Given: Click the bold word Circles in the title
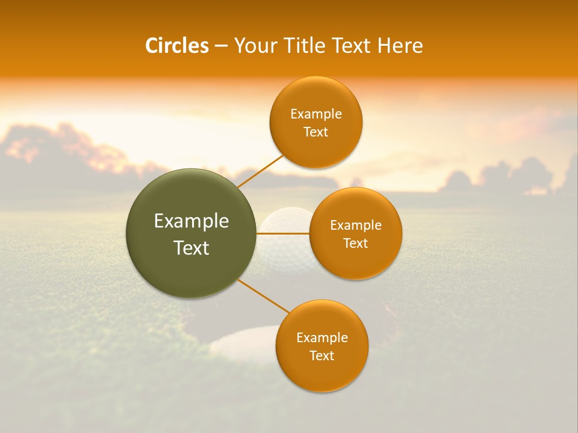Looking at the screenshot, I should point(177,46).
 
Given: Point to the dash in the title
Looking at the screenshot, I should point(221,46).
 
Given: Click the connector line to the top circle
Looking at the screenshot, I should point(261,170).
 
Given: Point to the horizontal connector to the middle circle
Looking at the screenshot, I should point(283,233).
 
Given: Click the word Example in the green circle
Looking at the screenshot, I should point(191,221).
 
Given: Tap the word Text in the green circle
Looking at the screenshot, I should point(191,248).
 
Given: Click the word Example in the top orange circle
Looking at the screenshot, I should point(316,114).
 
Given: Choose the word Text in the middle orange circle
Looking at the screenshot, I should point(356,243).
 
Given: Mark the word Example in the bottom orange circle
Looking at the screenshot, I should point(322,337).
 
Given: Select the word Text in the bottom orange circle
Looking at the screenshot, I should point(322,355).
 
